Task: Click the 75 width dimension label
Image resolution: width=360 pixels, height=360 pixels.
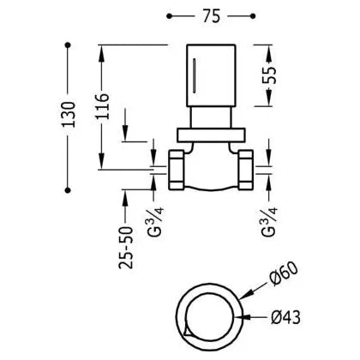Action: (212, 16)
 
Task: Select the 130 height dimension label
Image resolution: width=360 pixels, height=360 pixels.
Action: (69, 115)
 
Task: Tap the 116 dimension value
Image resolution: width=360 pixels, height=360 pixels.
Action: (102, 106)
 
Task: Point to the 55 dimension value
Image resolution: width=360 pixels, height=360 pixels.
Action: (269, 75)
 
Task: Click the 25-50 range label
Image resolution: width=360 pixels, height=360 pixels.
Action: (126, 248)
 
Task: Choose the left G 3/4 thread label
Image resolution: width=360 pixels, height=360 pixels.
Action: (156, 222)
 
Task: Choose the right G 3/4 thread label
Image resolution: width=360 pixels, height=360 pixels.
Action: (269, 222)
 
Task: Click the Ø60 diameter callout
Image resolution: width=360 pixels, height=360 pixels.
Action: (285, 273)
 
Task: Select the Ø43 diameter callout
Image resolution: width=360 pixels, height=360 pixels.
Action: (285, 317)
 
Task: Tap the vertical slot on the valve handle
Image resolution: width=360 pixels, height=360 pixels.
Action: (195, 75)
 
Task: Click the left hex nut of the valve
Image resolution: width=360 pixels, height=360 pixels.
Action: (177, 170)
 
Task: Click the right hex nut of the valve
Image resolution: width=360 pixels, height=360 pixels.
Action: (245, 170)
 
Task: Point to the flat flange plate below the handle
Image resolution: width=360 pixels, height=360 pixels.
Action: (211, 135)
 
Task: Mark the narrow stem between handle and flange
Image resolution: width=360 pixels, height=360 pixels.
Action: (211, 117)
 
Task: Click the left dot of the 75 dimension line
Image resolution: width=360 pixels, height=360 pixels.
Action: (169, 16)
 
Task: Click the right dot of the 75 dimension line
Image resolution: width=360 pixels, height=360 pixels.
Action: (253, 16)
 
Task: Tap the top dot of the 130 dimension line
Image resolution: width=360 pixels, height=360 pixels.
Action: (68, 45)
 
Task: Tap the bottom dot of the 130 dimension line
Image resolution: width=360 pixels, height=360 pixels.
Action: (68, 190)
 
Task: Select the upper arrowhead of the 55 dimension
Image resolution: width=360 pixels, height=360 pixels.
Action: (269, 54)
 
